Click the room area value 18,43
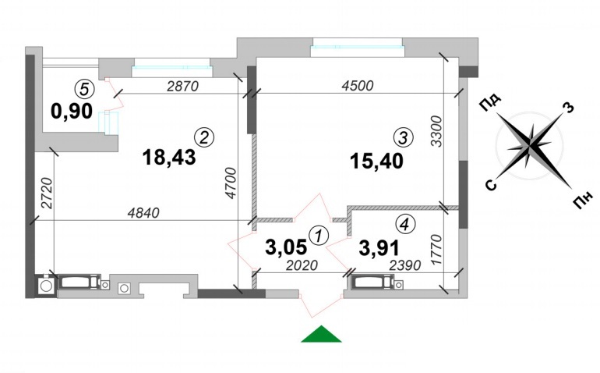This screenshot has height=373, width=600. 169,157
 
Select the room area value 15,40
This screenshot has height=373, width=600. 376,162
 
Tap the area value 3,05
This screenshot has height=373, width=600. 286,247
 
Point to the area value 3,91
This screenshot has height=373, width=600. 379,247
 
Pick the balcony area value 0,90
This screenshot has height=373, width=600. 72,111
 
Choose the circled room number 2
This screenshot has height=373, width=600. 204,137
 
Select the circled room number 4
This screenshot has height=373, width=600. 406,224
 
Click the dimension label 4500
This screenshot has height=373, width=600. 358,86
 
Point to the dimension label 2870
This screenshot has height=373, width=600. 183,87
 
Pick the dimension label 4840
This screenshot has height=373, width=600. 143,213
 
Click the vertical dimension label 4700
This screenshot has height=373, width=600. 231,183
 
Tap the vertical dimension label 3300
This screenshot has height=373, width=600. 436,132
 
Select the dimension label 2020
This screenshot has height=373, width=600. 302,265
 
